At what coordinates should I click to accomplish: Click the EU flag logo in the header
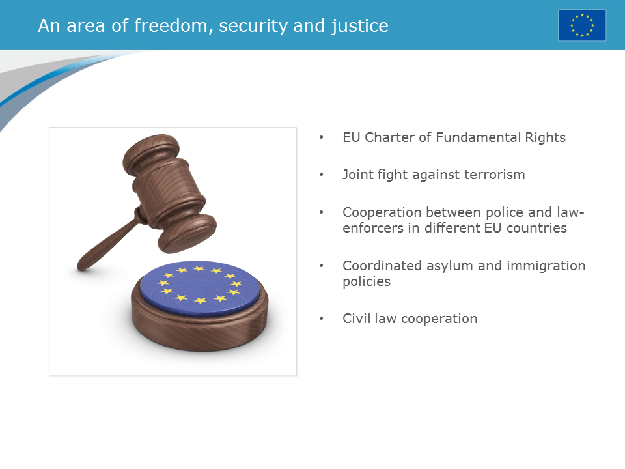[x=581, y=25]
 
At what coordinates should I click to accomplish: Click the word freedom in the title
[x=172, y=26]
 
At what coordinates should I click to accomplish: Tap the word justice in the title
[x=361, y=26]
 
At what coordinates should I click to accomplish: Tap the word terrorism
[x=494, y=175]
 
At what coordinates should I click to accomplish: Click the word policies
[x=366, y=281]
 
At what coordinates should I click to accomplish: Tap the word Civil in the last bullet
[x=356, y=319]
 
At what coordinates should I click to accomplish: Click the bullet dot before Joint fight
[x=320, y=175]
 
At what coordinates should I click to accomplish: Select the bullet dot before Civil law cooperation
[x=320, y=319]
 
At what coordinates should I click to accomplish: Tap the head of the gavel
[x=169, y=192]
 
